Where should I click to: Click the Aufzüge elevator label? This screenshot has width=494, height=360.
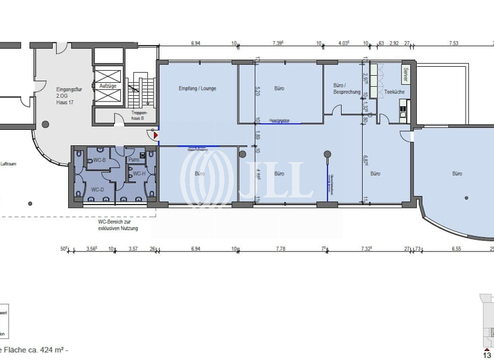(x=107, y=85)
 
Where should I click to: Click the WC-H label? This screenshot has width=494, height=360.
(x=138, y=174)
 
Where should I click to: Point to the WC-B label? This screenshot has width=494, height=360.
(x=100, y=159)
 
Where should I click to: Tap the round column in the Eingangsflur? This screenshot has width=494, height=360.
(x=45, y=124)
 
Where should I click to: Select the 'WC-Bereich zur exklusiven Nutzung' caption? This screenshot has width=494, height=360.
(x=114, y=224)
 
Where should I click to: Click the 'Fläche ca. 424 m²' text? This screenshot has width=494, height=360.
(x=35, y=351)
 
